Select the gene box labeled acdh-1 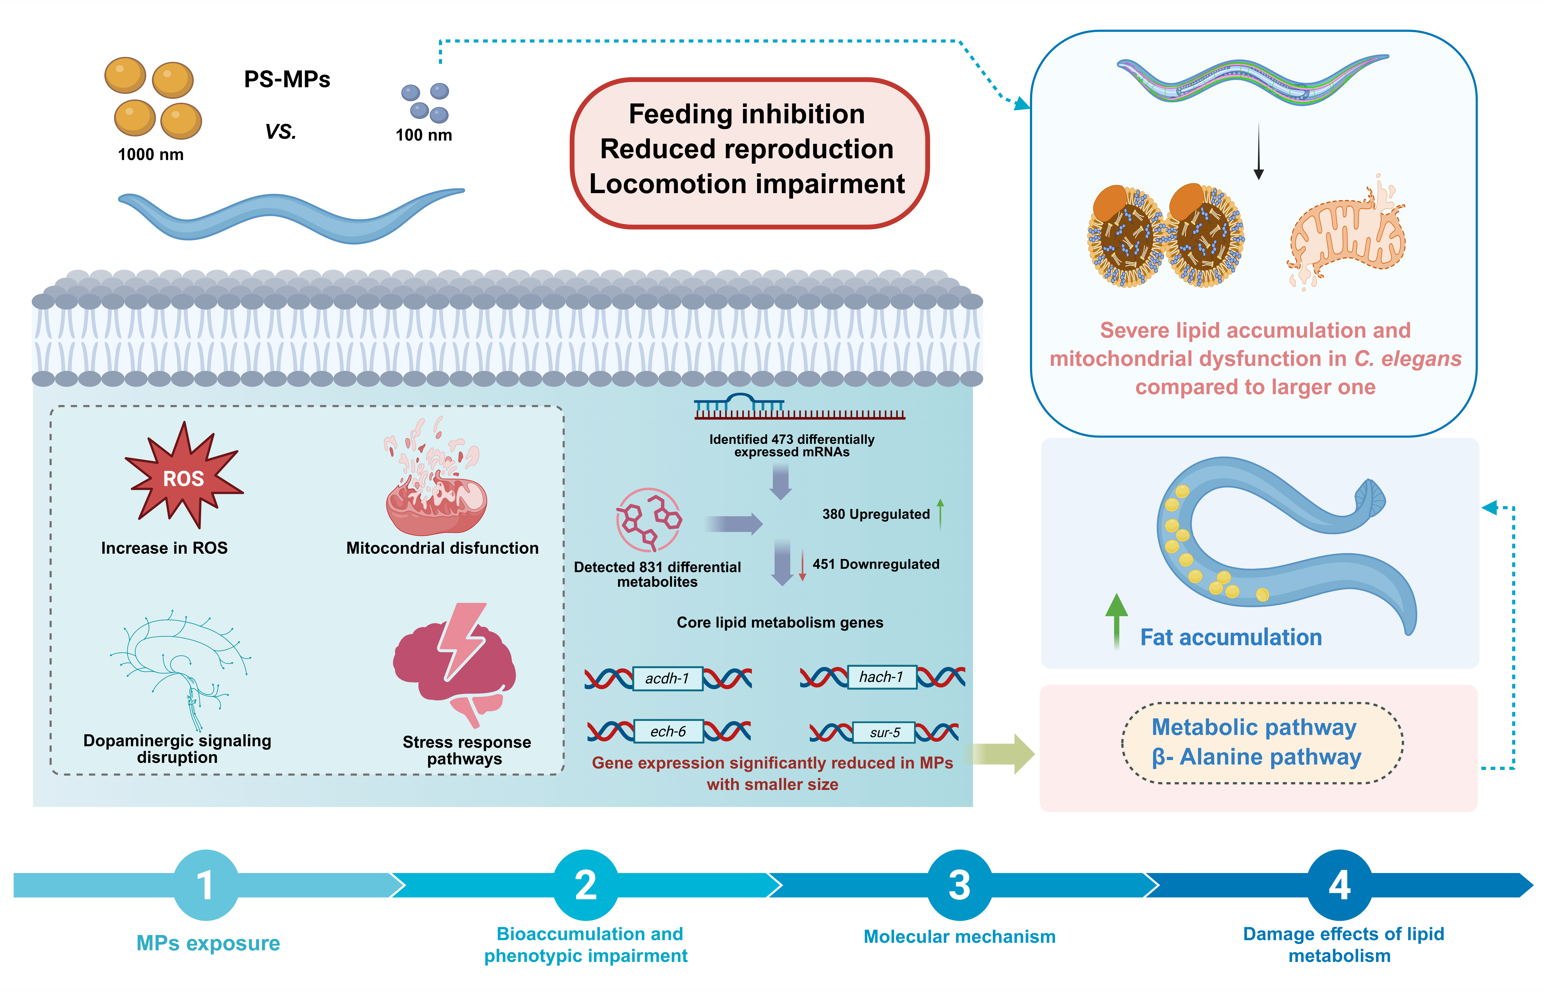click(667, 678)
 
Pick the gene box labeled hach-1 click(881, 677)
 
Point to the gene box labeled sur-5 click(884, 732)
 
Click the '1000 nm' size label click(151, 155)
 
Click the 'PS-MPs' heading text click(287, 79)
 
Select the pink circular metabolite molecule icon click(649, 519)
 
